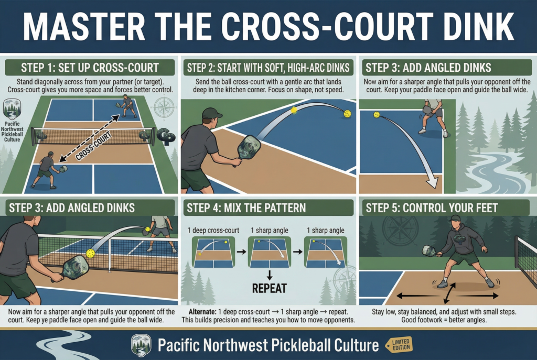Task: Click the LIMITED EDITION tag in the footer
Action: (398, 345)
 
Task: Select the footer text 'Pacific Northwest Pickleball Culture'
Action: (267, 345)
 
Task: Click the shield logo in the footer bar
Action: (141, 345)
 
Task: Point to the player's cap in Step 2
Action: (212, 113)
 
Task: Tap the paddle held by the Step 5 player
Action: (428, 251)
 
